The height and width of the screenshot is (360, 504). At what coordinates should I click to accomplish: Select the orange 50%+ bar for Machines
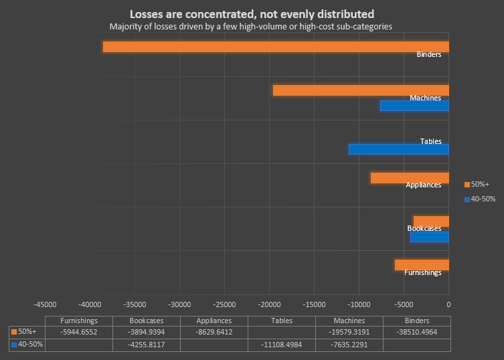(361, 90)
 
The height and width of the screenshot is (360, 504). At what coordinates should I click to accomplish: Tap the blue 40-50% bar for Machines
(414, 106)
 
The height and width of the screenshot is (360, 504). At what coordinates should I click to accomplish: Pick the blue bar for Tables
(398, 149)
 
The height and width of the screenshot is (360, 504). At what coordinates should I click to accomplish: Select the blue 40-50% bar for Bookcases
(429, 237)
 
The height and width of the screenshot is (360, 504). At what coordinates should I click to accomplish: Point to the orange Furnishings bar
(422, 265)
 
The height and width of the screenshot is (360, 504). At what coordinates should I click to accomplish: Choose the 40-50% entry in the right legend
(479, 199)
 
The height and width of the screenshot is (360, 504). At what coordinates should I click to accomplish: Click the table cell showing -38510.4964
(416, 332)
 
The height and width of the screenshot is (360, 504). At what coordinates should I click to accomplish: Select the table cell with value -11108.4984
(281, 345)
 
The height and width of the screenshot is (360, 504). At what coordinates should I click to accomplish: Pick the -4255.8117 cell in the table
(146, 345)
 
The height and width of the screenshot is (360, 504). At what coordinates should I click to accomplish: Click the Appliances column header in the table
(214, 321)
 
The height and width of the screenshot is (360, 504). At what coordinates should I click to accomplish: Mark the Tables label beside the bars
(430, 141)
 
